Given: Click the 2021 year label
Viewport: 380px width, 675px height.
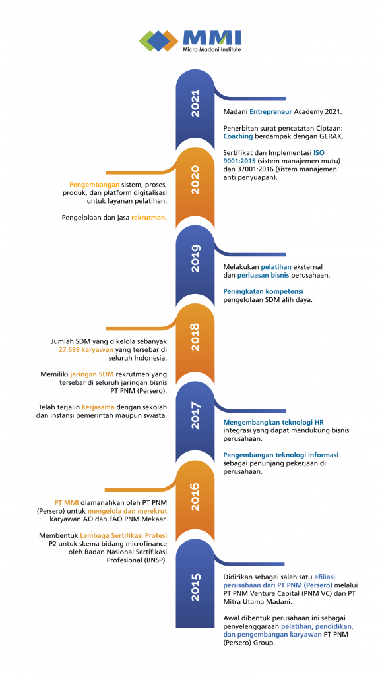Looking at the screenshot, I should [195, 103].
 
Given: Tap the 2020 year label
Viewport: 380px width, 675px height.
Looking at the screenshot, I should [195, 180].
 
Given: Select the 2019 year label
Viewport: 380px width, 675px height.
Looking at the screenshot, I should [195, 258].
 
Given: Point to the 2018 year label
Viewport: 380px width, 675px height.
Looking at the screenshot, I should [195, 336].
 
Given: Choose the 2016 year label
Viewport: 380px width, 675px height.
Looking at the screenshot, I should [195, 496].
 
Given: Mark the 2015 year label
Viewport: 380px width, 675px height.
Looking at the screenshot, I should [195, 586].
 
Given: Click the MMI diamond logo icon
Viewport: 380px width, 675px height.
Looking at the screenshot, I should [158, 41].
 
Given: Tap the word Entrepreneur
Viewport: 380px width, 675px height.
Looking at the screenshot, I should [270, 112].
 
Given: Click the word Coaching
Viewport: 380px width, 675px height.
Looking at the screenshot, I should [237, 137].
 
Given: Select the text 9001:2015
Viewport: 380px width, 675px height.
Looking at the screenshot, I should [239, 161].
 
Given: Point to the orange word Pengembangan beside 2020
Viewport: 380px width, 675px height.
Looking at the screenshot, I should [94, 185].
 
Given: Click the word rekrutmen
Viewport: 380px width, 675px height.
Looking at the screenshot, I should [149, 217].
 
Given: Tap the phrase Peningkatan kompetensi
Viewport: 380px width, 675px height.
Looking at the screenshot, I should [263, 291].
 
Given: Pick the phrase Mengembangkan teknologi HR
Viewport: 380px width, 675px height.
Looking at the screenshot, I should [273, 423].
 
